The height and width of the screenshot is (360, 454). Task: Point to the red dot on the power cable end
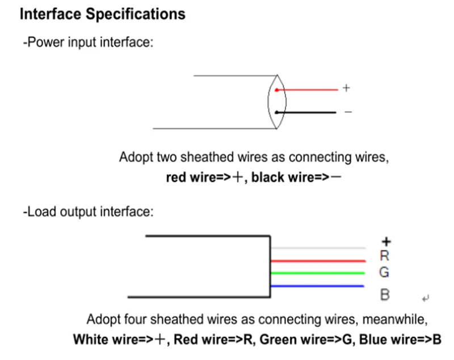(x=276, y=90)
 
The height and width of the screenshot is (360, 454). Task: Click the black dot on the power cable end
(x=276, y=112)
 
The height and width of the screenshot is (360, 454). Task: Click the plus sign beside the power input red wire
(x=347, y=89)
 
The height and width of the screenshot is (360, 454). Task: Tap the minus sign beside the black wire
(x=348, y=112)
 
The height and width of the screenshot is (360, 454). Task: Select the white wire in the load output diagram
(x=318, y=248)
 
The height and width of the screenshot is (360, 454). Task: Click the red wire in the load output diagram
(x=318, y=261)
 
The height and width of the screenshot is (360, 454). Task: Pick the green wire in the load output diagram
(x=318, y=273)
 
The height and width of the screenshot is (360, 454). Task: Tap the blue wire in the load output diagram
(x=318, y=286)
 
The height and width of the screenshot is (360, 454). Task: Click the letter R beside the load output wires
(x=384, y=256)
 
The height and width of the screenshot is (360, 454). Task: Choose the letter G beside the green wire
(x=384, y=273)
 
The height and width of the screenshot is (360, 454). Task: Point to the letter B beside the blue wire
(x=384, y=295)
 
